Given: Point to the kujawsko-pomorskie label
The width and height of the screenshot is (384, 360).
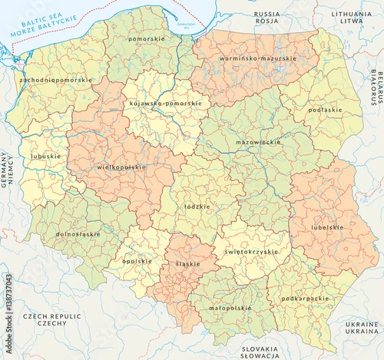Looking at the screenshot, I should (x=166, y=103).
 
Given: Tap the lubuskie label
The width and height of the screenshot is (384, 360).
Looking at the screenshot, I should (x=45, y=156).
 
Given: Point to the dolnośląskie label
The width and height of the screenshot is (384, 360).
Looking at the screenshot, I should (x=78, y=233).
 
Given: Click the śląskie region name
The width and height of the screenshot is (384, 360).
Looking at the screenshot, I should (x=187, y=263).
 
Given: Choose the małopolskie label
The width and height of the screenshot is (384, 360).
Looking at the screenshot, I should (x=230, y=307).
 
